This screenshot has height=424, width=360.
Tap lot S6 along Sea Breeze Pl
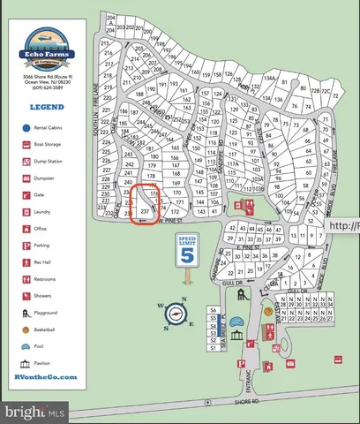click(x=214, y=311)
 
